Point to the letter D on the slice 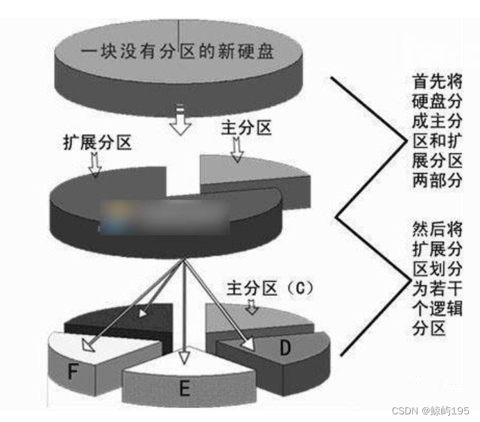tap(285, 349)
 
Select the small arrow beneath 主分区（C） tap(252, 306)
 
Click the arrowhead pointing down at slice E tap(183, 357)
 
